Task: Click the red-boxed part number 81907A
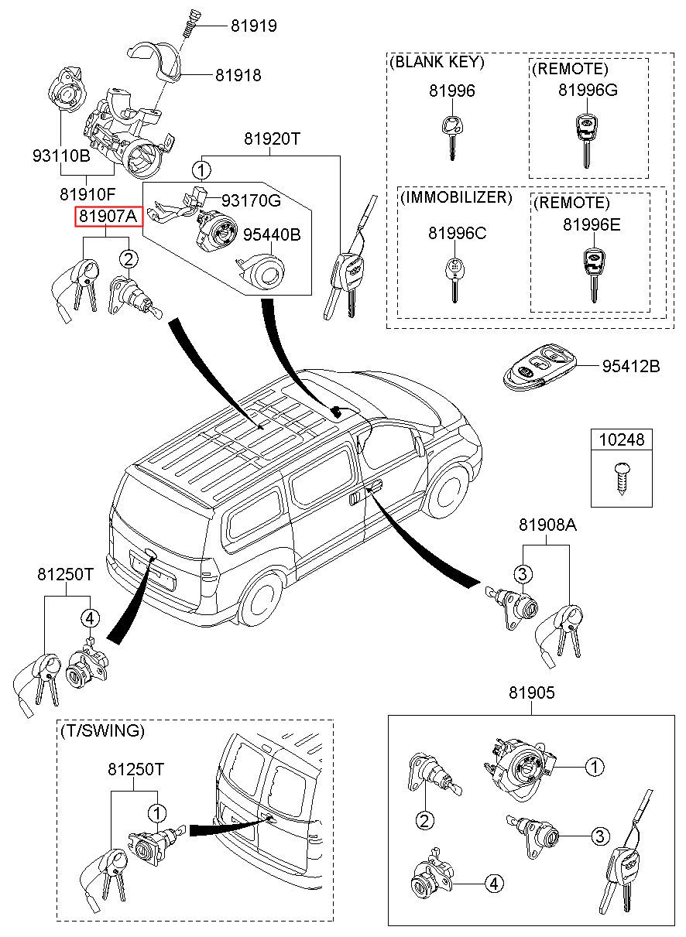[x=108, y=217]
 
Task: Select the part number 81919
[x=253, y=26]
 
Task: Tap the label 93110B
[x=61, y=156]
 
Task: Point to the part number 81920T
[x=272, y=139]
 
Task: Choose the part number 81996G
[x=588, y=91]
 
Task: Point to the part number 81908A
[x=547, y=526]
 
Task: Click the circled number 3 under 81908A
[x=523, y=573]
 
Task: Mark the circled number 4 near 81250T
[x=90, y=617]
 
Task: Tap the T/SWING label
[x=101, y=730]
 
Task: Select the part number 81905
[x=531, y=693]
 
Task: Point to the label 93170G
[x=252, y=201]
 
